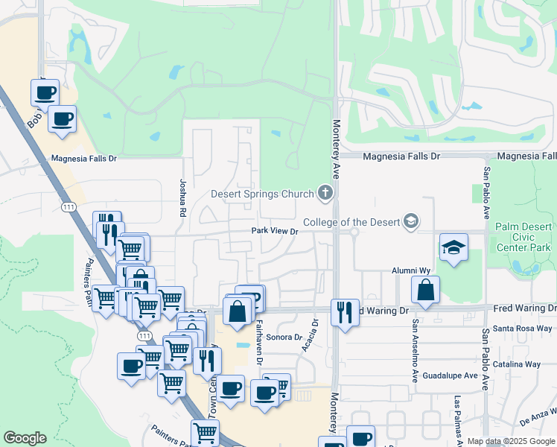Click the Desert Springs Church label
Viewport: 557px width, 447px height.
tap(262, 194)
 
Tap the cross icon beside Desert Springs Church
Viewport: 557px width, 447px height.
tap(325, 194)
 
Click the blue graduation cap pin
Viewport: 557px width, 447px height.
tap(453, 249)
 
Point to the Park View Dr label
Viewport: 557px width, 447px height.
tap(274, 232)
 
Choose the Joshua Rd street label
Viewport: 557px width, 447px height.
tap(182, 198)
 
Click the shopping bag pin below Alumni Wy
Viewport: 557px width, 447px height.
tap(425, 291)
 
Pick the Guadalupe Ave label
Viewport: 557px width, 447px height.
tap(450, 375)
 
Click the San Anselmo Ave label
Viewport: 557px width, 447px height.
tap(415, 351)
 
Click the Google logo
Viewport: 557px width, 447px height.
tap(25, 438)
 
